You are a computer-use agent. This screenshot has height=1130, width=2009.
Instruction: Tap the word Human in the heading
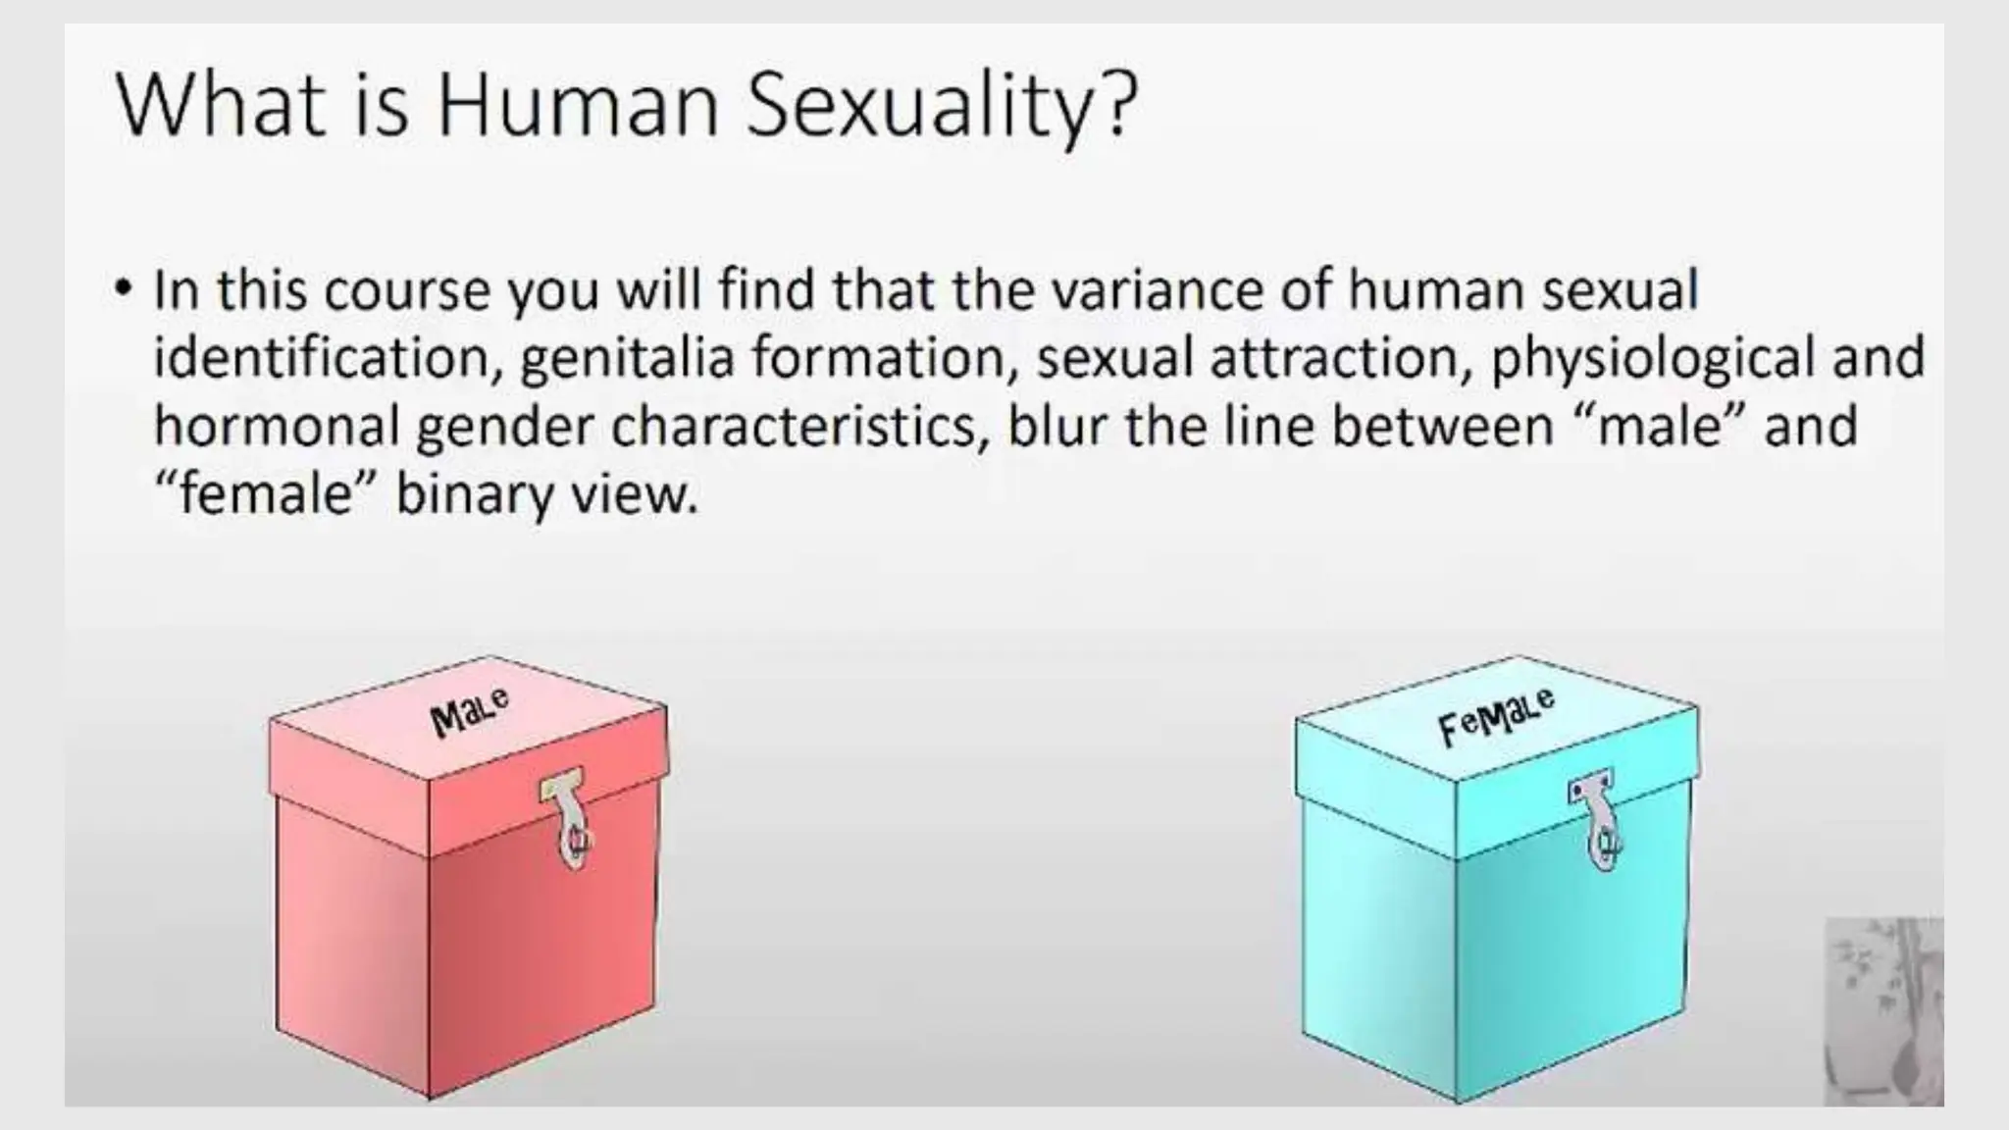pos(578,105)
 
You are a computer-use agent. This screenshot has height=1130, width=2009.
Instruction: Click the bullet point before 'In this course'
pos(123,290)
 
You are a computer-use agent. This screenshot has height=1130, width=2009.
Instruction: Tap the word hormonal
pos(278,425)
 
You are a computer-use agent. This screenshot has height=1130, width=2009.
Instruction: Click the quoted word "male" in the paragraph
pos(1659,425)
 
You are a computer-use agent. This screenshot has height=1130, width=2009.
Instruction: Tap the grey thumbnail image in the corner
pos(1882,1010)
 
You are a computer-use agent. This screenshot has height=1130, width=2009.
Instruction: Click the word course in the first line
pos(406,290)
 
